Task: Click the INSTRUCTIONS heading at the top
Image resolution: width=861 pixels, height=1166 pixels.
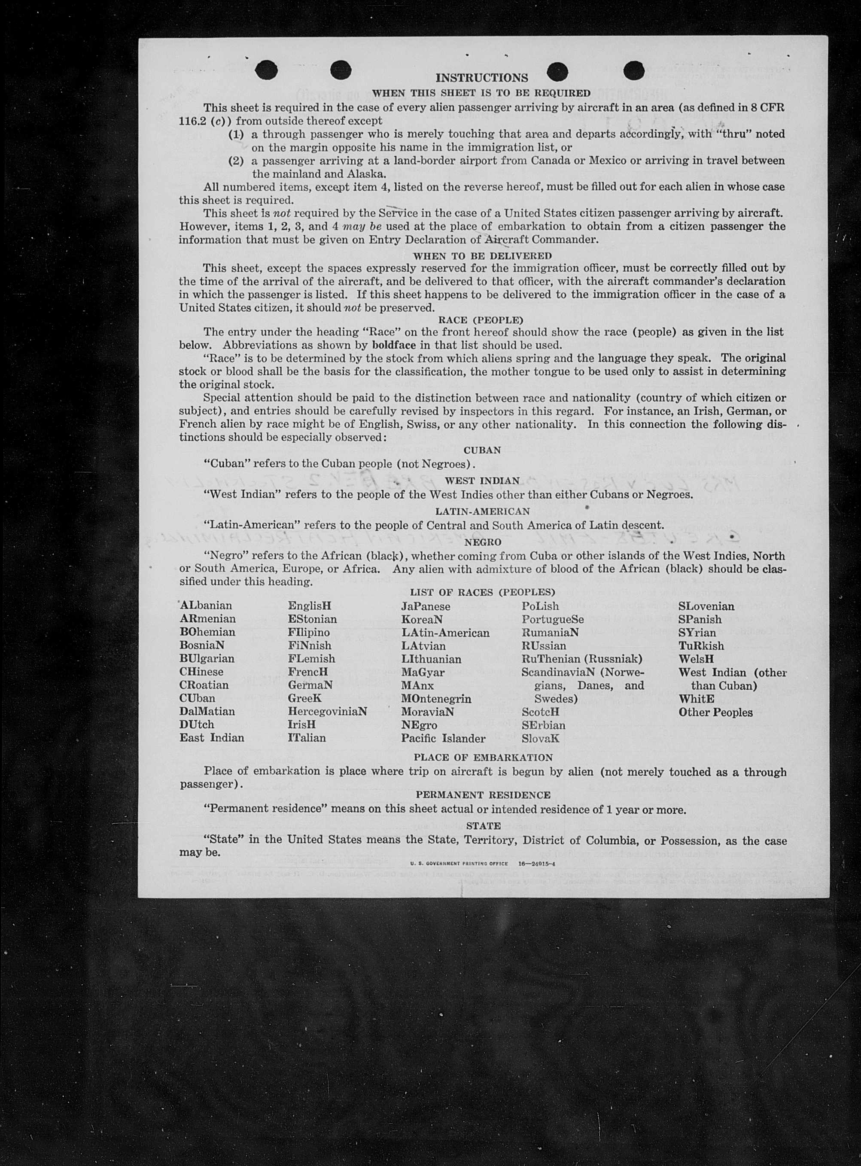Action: (x=481, y=78)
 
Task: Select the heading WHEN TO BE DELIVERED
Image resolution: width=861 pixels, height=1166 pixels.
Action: (x=482, y=256)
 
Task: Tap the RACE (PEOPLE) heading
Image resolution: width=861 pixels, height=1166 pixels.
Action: (x=481, y=320)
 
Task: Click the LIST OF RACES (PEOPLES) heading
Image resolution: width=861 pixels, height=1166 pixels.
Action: (x=482, y=592)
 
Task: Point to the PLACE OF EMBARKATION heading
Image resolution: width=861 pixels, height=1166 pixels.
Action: (x=483, y=757)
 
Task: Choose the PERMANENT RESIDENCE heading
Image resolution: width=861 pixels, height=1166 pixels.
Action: (x=483, y=795)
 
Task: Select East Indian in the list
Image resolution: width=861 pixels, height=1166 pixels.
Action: (x=212, y=737)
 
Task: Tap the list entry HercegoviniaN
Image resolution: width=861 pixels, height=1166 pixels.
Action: (x=327, y=712)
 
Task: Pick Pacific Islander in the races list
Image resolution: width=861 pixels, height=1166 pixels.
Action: (x=443, y=738)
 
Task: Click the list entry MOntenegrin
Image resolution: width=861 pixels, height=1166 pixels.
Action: (x=436, y=698)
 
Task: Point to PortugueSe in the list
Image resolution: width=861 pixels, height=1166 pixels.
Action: (x=553, y=619)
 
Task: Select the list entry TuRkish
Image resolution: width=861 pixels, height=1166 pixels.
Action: (x=701, y=646)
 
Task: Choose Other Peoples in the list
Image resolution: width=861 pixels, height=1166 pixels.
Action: (x=715, y=712)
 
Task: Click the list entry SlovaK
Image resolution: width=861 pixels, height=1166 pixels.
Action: (x=541, y=738)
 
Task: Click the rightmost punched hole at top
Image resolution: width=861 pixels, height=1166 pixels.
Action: (x=634, y=70)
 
